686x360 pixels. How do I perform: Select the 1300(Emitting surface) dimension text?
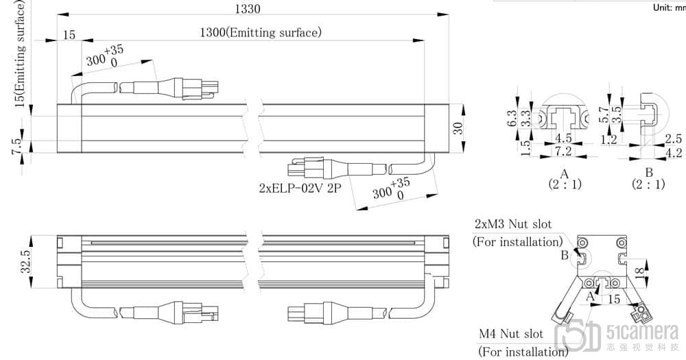(x=260, y=32)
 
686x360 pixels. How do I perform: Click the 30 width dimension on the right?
(x=458, y=128)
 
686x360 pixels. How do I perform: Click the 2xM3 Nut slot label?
(x=512, y=224)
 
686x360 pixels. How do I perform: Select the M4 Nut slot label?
(x=510, y=335)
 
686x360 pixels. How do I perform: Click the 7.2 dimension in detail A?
(x=563, y=150)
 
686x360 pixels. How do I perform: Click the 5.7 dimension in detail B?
(x=603, y=115)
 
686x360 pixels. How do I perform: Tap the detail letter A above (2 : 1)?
(x=564, y=173)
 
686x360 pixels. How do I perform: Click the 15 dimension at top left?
(x=69, y=35)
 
